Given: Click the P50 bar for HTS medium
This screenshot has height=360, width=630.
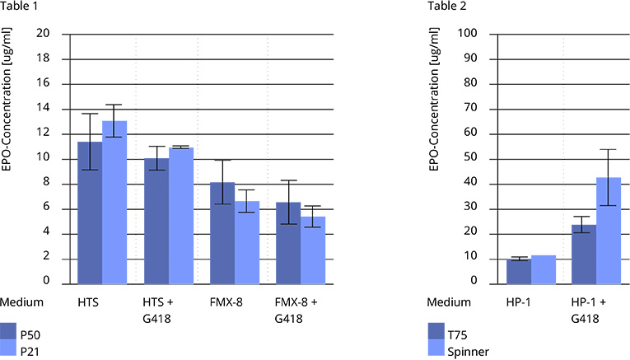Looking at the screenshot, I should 90,213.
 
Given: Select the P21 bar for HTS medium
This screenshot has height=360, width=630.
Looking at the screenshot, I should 114,202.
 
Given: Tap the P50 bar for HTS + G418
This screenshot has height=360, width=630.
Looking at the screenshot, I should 156,221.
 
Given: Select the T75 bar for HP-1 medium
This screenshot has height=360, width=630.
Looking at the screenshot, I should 518,271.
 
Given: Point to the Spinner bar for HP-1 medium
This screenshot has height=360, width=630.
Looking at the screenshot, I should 544,269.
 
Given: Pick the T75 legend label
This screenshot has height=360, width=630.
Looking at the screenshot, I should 458,335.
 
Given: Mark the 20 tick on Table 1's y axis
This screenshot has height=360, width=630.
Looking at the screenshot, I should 44,34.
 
